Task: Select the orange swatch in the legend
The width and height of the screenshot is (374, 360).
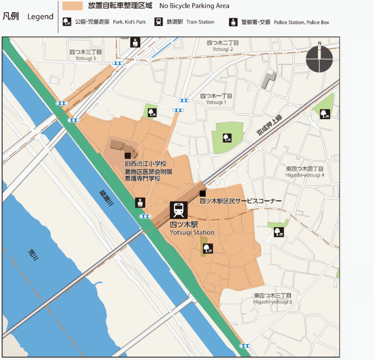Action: [x=72, y=6]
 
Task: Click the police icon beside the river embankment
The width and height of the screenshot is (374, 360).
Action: [x=140, y=203]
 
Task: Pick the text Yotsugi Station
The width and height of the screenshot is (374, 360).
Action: [x=192, y=232]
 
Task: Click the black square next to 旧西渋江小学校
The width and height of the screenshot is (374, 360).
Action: [x=127, y=155]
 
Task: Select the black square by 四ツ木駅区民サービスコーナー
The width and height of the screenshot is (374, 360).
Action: [x=202, y=194]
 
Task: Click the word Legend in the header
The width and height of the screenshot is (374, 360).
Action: [x=41, y=17]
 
